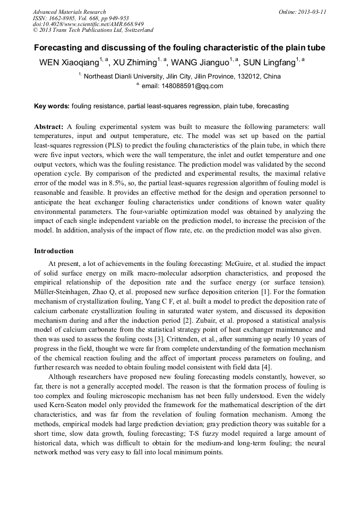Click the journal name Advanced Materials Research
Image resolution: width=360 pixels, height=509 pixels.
click(x=69, y=12)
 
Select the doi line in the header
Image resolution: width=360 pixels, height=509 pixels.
click(x=88, y=24)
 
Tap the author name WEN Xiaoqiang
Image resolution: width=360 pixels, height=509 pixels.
click(x=69, y=63)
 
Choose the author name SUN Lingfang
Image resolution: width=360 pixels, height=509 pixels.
click(x=269, y=63)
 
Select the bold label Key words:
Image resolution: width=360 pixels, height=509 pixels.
click(x=52, y=106)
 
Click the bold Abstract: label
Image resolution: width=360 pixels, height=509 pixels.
click(x=49, y=127)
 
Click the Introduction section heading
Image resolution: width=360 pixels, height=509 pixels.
click(x=54, y=251)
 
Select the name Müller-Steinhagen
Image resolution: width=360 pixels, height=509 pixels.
click(x=62, y=289)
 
